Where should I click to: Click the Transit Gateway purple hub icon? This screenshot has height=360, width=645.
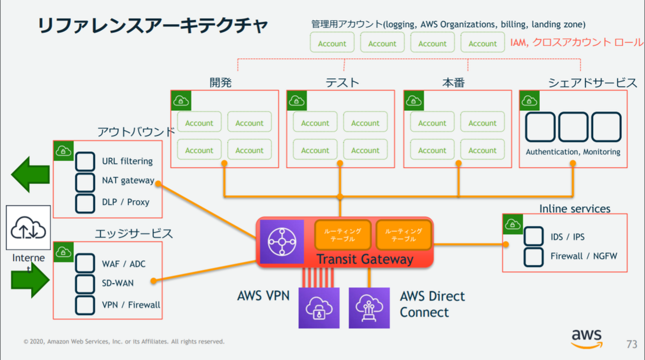281,241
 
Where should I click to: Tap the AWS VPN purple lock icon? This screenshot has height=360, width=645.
319,307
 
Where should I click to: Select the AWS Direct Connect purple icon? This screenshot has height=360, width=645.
369,307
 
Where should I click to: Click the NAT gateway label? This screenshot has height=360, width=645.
128,180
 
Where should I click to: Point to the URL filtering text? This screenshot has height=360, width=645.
127,161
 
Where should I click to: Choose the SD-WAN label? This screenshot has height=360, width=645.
118,283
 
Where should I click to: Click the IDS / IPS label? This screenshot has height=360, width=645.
567,237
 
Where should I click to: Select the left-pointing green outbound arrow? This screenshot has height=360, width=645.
30,175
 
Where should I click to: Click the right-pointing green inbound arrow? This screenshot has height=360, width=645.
30,280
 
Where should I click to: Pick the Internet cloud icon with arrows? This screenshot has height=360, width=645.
28,228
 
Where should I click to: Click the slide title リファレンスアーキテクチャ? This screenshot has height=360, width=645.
152,26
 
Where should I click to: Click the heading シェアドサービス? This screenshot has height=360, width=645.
592,83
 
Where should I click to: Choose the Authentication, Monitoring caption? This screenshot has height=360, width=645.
573,152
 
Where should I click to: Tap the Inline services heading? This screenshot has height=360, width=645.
575,209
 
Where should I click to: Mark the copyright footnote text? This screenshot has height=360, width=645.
124,342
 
